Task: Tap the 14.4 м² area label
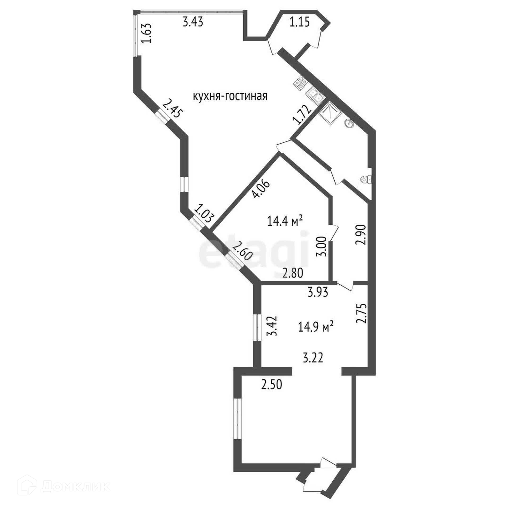click(285, 221)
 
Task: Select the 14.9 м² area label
click(315, 327)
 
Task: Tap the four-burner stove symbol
click(300, 82)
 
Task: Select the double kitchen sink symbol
click(315, 96)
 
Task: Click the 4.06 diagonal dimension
click(261, 189)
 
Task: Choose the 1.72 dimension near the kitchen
click(301, 115)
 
